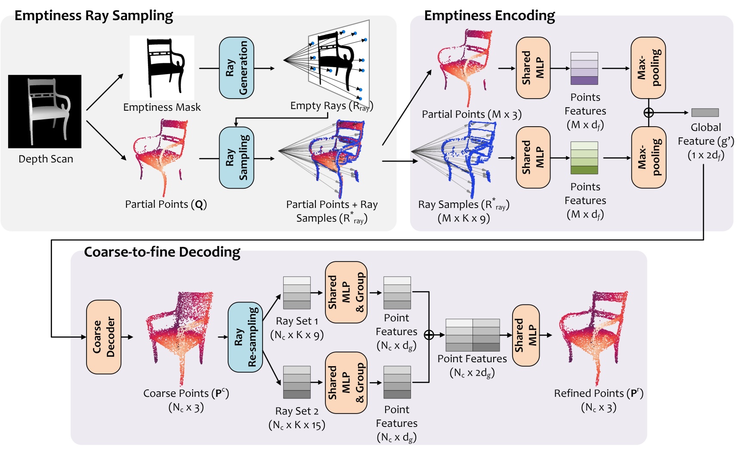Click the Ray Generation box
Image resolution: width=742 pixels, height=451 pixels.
coord(236,68)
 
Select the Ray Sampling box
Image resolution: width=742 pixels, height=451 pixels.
coord(236,158)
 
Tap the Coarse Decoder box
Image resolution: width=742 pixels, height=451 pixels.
coord(104,337)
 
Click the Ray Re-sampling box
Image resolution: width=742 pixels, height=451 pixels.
coord(245,337)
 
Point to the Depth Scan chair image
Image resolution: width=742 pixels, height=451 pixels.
coord(45,112)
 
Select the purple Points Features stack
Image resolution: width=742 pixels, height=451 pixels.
coord(584,68)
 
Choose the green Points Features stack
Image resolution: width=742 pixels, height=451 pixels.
coord(584,158)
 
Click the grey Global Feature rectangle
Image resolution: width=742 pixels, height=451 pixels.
coord(705,112)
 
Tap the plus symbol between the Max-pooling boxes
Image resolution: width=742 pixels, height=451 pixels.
coord(648,112)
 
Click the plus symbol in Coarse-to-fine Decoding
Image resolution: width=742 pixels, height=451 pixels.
coord(429,335)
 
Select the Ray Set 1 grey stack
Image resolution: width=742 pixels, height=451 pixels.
coord(297,293)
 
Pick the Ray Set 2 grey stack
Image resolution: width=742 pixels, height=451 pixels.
coord(297,382)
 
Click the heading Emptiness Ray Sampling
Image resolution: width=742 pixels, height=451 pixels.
coord(93,16)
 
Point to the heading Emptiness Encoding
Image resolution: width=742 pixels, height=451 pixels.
coord(489,16)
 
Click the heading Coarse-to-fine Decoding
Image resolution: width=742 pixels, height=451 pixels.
coord(162,252)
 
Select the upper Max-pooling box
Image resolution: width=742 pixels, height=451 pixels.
coord(648,68)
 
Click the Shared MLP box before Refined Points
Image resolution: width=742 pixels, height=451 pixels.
coord(526,335)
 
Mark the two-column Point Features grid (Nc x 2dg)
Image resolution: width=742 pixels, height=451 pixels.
coord(473,335)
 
